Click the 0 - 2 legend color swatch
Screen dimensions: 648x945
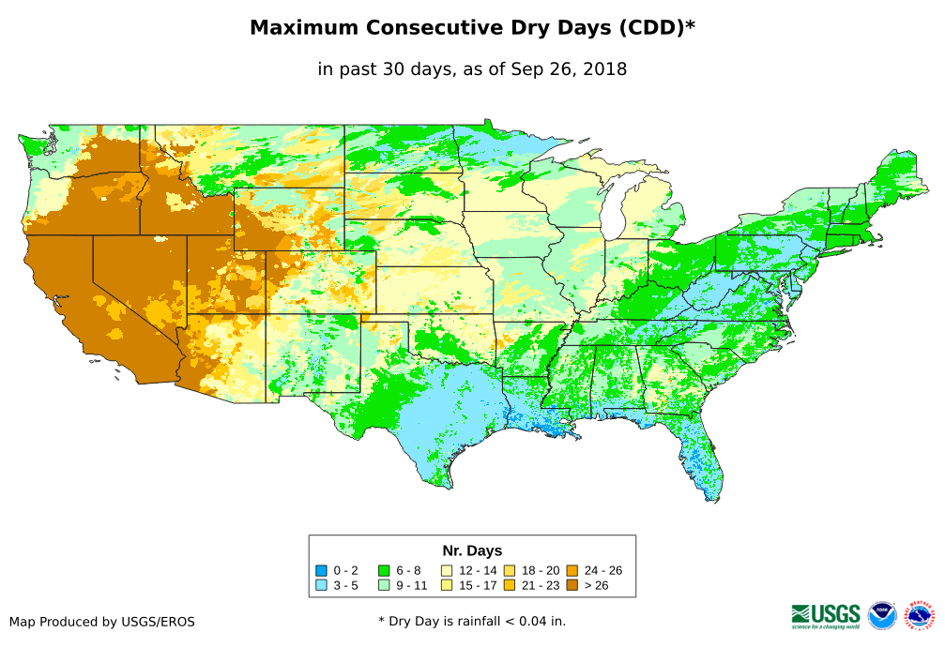tap(321, 570)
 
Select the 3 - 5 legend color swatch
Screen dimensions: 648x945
tap(321, 585)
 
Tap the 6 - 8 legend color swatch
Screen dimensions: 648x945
tap(384, 570)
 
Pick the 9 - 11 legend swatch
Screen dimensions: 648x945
tap(384, 585)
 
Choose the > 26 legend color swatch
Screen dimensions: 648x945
tap(572, 585)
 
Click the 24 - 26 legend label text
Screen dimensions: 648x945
tap(602, 570)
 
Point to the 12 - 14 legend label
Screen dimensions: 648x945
tap(478, 570)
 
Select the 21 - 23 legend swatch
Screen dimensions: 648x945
tap(510, 585)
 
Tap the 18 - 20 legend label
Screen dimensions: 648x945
tap(540, 570)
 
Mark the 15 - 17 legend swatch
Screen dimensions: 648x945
tap(447, 585)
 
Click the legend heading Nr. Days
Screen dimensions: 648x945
tap(472, 550)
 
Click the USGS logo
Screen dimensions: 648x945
tap(826, 615)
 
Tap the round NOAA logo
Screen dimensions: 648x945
tap(882, 615)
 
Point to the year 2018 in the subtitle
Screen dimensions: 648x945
tap(604, 68)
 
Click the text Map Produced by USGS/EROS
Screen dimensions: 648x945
tap(102, 621)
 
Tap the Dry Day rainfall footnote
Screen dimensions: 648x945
tap(472, 621)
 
